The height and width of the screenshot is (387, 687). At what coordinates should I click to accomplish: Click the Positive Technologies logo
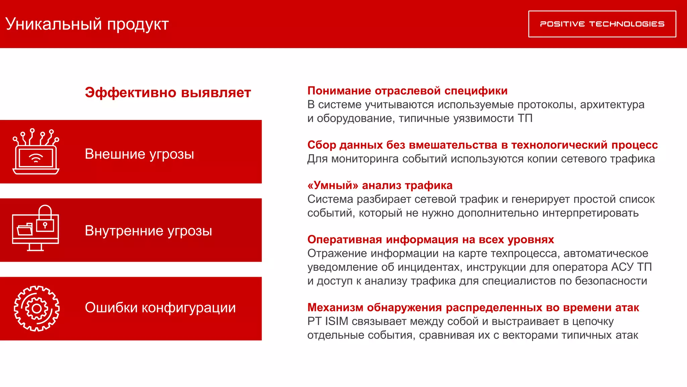pos(602,24)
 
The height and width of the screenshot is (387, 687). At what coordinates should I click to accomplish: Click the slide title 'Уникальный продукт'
pos(87,24)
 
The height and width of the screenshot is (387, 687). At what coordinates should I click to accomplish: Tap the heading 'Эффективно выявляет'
pos(168,92)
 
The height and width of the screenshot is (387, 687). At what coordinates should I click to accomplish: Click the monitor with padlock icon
pos(36,229)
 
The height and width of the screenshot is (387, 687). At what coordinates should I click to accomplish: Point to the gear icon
pos(37,308)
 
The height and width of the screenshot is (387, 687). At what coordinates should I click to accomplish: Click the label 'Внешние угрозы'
pos(139,154)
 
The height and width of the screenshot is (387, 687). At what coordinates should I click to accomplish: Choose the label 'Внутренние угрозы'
pos(148,231)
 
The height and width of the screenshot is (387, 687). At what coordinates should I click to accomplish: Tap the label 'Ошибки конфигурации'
pos(160,307)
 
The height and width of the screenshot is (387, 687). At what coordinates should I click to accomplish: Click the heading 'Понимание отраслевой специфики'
pos(407,91)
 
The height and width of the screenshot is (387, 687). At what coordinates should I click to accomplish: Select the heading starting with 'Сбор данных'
pos(482,145)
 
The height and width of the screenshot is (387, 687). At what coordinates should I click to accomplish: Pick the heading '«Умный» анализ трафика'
pos(380,185)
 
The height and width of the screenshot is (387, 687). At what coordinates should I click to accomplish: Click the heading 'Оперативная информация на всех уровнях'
pos(430,240)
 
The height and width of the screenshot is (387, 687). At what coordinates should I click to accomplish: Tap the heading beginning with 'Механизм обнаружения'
pos(473,307)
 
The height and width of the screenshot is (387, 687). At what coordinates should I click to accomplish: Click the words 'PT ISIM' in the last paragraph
pos(328,321)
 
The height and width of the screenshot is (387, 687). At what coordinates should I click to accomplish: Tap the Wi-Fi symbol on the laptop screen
pos(36,158)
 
